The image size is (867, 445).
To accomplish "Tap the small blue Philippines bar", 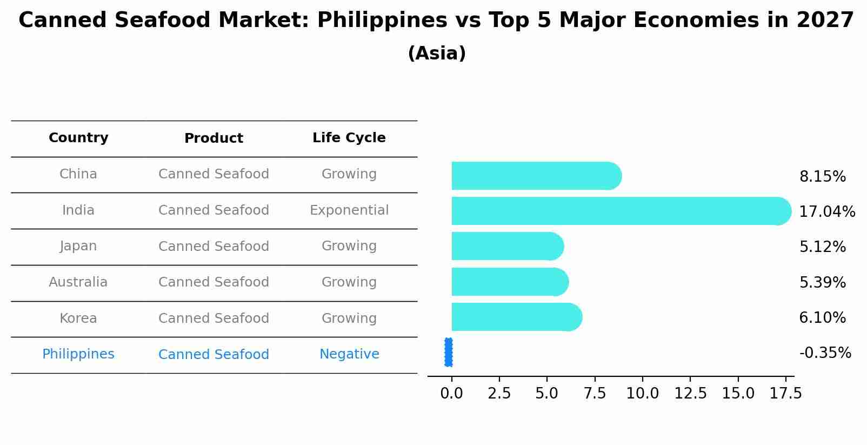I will point(449,353).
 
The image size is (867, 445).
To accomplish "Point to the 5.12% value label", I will point(822,247).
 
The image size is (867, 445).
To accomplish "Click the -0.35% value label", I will point(825,353).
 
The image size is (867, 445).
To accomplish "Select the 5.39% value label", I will point(822,282).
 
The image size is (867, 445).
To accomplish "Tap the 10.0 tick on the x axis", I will point(642,394).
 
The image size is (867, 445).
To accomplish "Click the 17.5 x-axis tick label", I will point(785,394).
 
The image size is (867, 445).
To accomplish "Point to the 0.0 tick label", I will point(451,394).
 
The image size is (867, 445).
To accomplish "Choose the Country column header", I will point(78,138).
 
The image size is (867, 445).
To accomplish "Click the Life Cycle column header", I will point(349,138).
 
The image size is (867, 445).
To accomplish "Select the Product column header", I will point(214,138).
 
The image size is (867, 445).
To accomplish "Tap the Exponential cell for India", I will point(349,210).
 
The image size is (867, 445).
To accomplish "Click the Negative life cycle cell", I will point(349,354).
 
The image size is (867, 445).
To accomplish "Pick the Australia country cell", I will point(78,282).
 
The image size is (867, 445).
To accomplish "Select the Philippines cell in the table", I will point(78,354).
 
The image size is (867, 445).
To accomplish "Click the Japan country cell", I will point(78,246).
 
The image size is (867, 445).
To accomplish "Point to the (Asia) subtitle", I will point(437,54).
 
